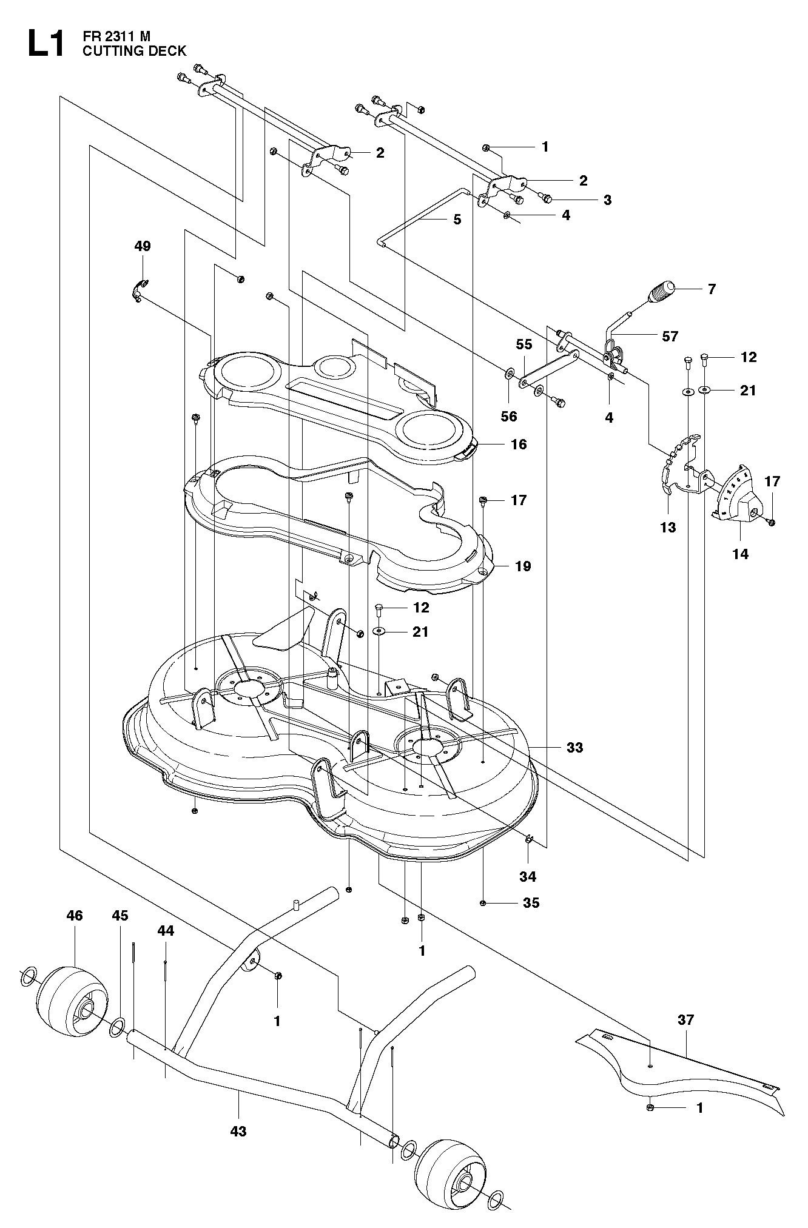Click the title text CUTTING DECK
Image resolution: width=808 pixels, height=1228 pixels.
pos(135,51)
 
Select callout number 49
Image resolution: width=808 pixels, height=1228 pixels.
pos(143,246)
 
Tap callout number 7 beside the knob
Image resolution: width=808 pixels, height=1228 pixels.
pos(712,289)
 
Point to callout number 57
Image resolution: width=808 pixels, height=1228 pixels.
pos(670,336)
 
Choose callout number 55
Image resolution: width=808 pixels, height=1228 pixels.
pos(524,344)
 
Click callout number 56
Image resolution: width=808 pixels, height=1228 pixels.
pos(509,416)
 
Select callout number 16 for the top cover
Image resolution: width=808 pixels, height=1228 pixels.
pos(519,445)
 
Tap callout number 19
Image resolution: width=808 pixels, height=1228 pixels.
pos(522,566)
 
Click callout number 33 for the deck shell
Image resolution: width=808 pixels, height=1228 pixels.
pos(574,748)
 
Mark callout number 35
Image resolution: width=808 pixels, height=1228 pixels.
pos(531,903)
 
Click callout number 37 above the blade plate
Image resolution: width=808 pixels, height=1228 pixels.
pos(685,1020)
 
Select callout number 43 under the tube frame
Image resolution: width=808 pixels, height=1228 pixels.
pos(238,1131)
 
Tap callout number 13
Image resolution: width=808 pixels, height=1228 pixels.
pos(668,528)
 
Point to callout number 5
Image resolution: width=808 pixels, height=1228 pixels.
pos(457,220)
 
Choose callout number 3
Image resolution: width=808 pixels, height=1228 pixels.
pos(607,200)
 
